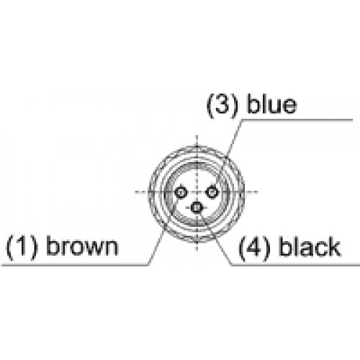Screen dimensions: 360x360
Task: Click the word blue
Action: pos(272,104)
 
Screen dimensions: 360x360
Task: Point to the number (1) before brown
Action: pos(22,246)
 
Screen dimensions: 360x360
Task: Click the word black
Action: pos(310,246)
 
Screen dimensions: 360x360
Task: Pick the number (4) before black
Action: pos(254,247)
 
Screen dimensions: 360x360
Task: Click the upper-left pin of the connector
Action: pos(181,192)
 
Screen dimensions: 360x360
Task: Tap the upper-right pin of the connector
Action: pos(212,192)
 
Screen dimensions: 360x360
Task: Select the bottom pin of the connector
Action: pos(197,207)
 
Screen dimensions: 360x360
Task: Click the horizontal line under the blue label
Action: pos(297,120)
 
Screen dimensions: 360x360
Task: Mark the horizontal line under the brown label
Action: pos(75,265)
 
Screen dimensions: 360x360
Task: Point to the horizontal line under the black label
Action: pos(295,265)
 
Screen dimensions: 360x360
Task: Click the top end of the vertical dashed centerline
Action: pos(197,135)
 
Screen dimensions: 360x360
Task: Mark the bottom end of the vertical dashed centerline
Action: pos(197,251)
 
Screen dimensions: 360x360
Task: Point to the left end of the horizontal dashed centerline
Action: pos(135,192)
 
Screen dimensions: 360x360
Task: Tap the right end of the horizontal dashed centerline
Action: pos(258,192)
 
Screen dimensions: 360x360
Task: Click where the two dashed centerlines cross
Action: pos(197,192)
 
